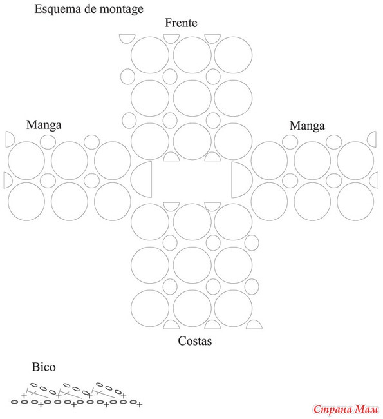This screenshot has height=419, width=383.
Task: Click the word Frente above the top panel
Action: [181, 23]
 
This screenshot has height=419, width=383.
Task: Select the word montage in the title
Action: [122, 10]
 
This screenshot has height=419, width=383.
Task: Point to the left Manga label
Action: [44, 125]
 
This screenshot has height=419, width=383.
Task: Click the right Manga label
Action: [307, 126]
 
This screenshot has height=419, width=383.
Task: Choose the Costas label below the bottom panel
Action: [195, 341]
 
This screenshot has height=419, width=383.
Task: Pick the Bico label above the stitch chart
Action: [44, 367]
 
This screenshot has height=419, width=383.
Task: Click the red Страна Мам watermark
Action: [346, 409]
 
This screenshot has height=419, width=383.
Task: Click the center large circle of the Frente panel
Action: [192, 98]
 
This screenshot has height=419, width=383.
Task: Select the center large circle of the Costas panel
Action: [192, 265]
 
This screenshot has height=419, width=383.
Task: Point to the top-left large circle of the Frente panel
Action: [150, 55]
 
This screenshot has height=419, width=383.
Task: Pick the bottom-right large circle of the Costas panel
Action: [233, 308]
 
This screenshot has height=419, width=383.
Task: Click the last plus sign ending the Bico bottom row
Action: [139, 405]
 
